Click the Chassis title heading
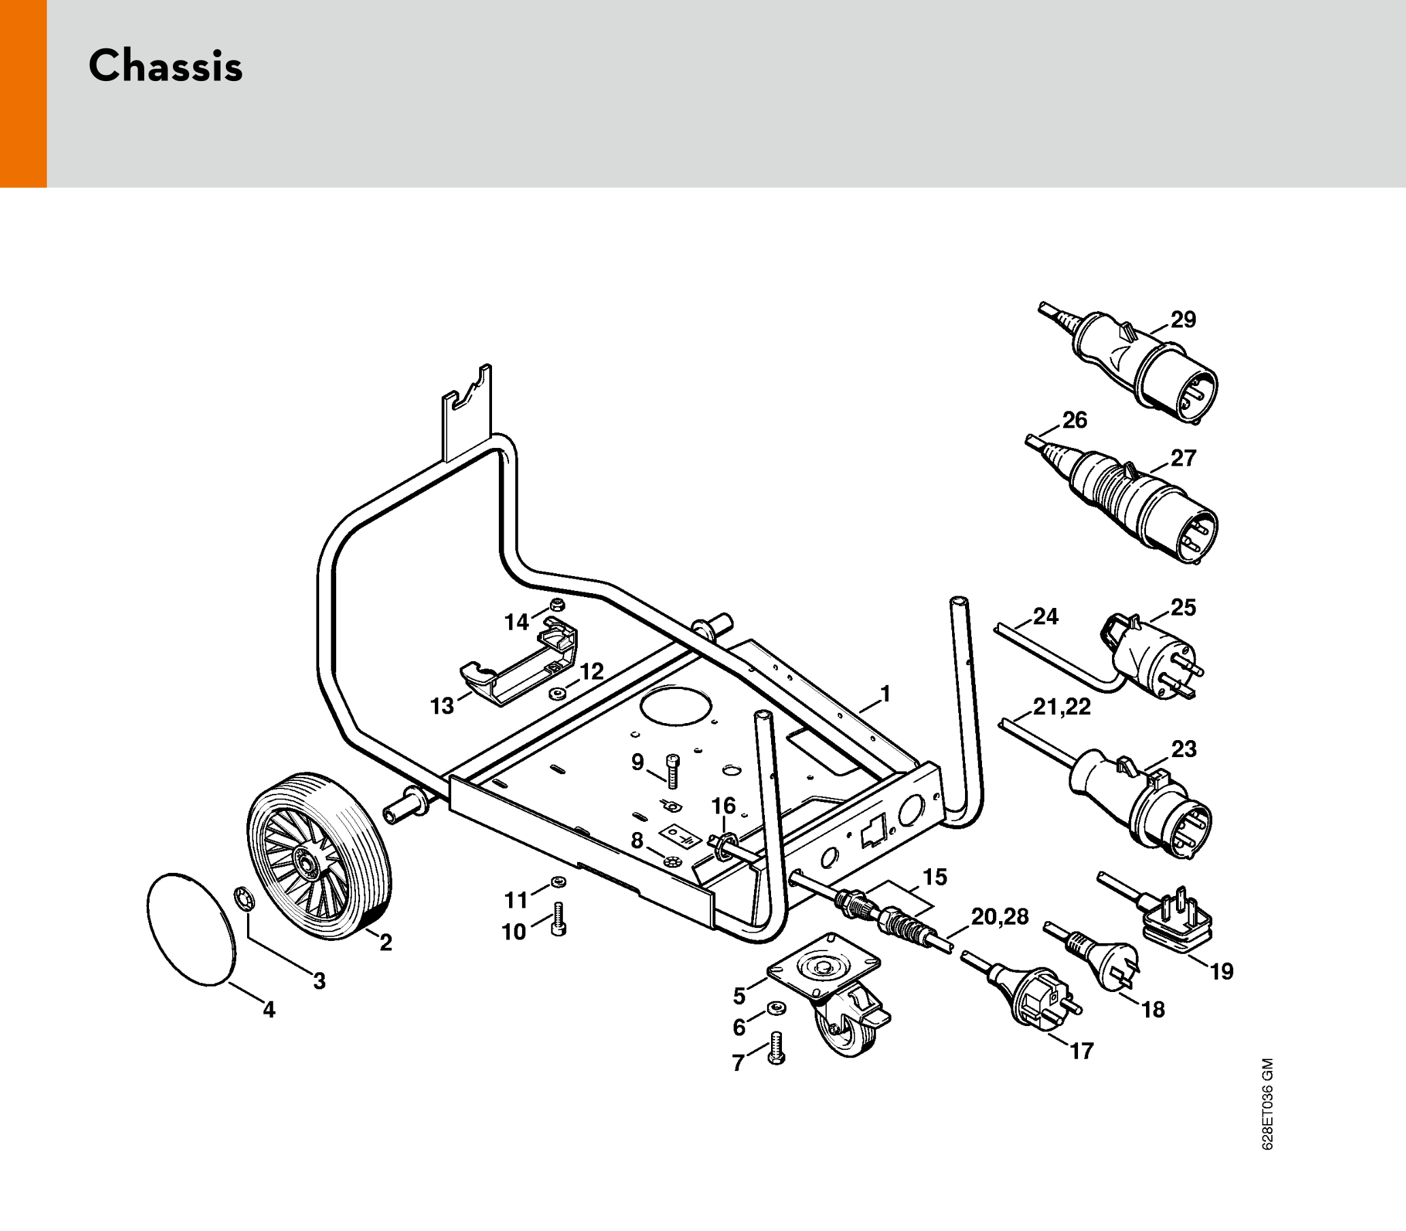click(x=165, y=67)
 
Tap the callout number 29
click(x=1183, y=319)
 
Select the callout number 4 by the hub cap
click(x=268, y=1009)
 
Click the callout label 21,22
click(x=1062, y=706)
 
